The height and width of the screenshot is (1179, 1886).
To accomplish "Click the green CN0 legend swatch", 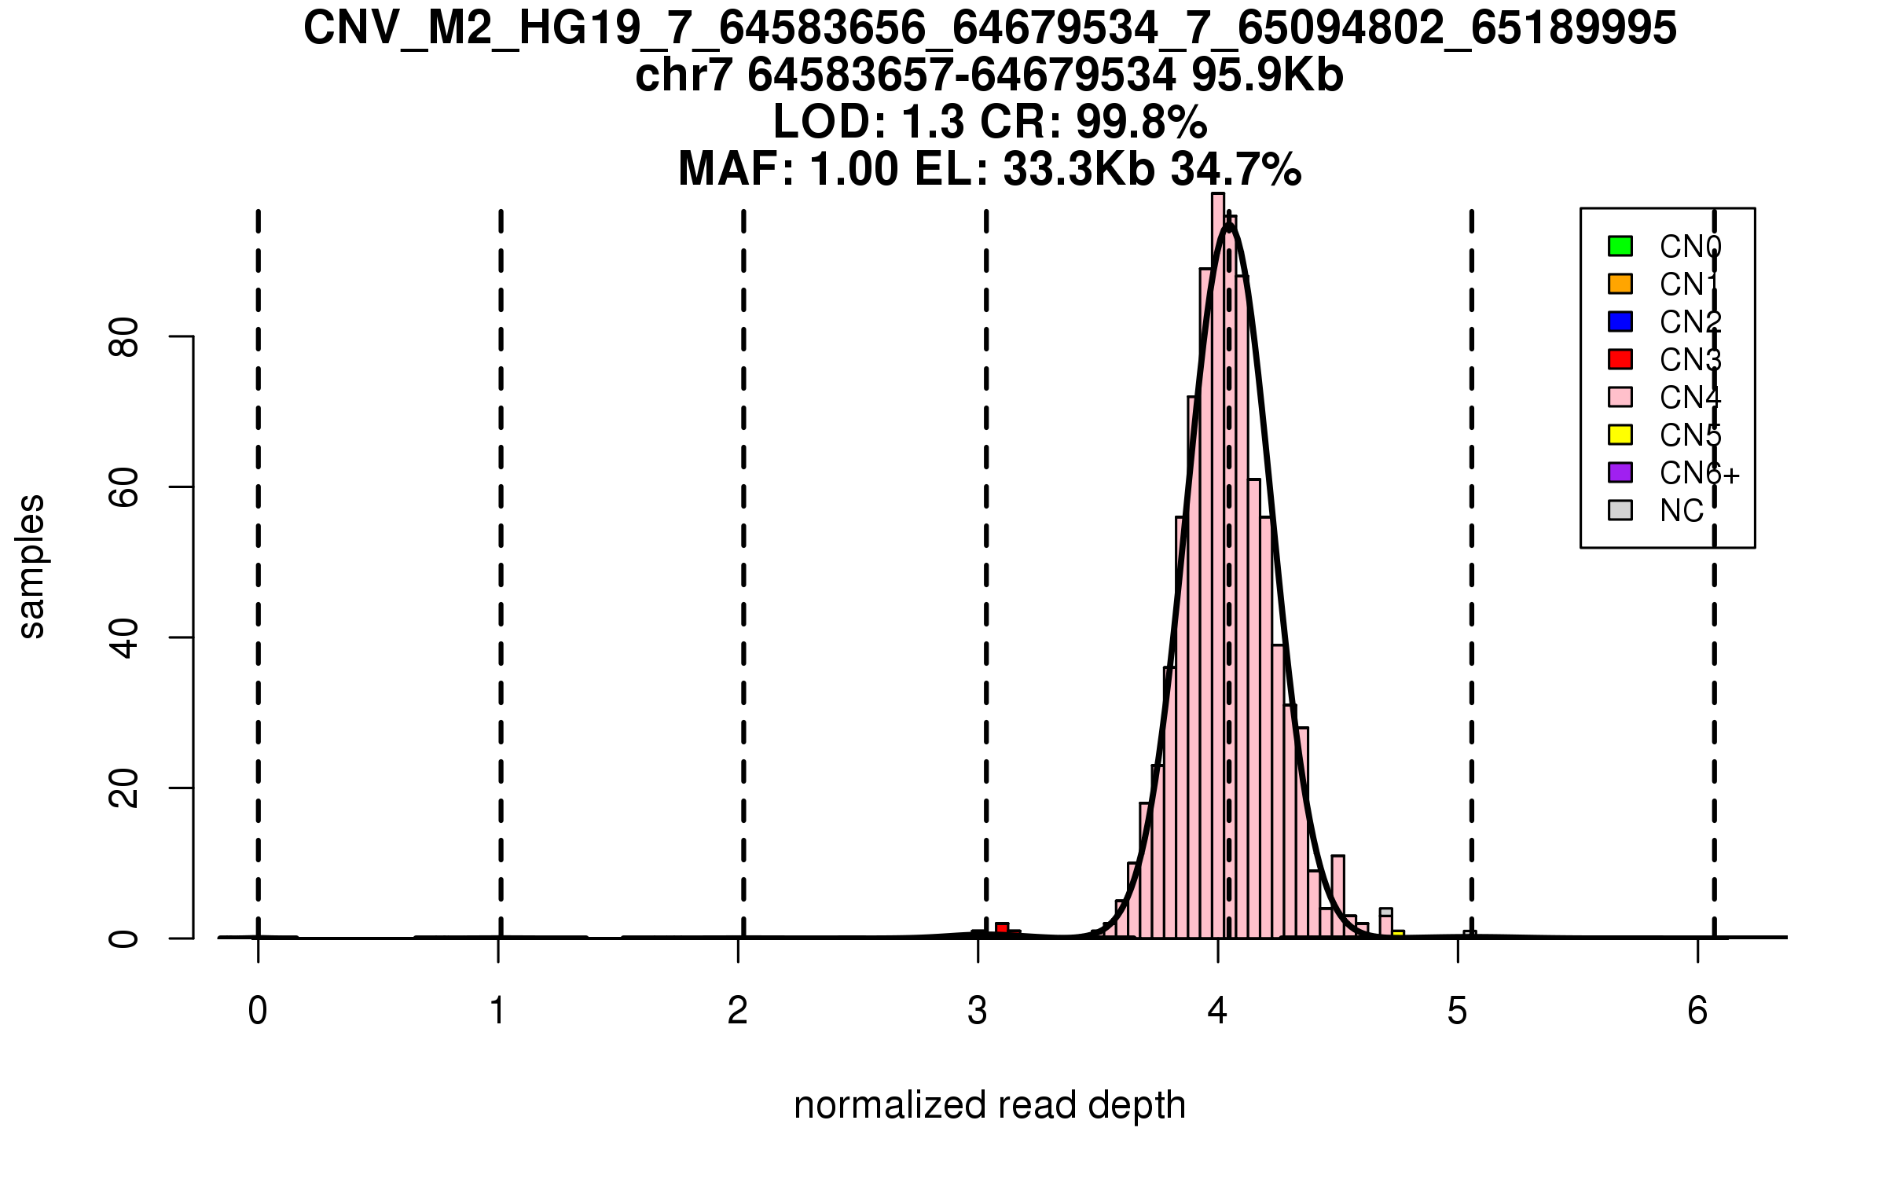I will pos(1620,246).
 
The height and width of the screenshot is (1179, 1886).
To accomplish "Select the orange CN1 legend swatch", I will pos(1620,284).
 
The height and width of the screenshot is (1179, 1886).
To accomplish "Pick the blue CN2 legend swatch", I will pos(1620,321).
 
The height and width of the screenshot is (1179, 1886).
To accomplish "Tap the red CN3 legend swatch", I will pos(1620,359).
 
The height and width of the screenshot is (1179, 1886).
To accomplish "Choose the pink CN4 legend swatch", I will pos(1620,397).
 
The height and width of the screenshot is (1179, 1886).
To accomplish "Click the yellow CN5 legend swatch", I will pos(1620,435).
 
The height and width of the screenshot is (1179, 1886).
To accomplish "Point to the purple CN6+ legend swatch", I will pos(1620,472).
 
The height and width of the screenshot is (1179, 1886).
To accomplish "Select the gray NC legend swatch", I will pos(1620,510).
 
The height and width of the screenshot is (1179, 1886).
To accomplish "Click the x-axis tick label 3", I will pos(978,1011).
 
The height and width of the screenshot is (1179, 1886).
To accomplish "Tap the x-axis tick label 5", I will pos(1458,1011).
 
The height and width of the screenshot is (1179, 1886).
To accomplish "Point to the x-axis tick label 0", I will pos(258,1011).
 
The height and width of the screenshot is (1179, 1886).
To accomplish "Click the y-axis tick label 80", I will pos(124,337).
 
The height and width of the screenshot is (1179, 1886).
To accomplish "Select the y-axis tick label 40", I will pos(124,637).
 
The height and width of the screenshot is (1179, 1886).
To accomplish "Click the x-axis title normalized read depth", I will pos(989,1105).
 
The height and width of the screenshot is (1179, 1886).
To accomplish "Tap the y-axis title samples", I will pos(31,566).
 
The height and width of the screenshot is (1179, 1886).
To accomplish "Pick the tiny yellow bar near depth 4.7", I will pos(1398,934).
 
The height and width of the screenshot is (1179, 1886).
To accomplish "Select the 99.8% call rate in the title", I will pos(1141,123).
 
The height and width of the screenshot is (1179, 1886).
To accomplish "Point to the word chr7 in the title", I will pos(684,76).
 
